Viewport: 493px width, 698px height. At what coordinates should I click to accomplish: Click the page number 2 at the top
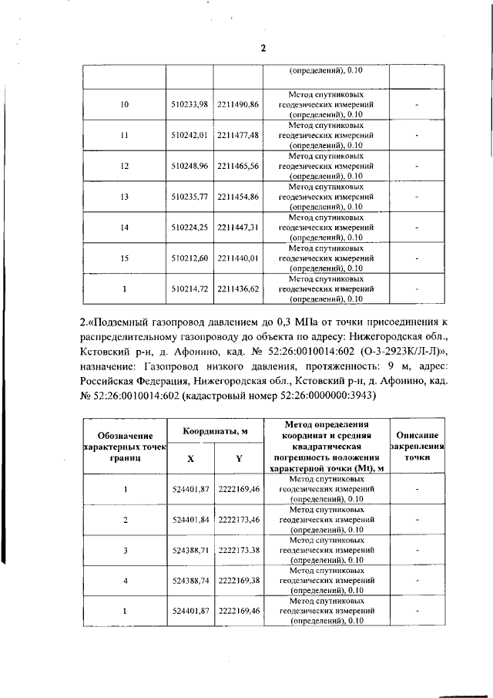pos(263,48)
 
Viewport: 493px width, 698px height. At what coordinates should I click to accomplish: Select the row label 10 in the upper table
pos(125,104)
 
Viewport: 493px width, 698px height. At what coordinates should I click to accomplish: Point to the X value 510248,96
pos(189,166)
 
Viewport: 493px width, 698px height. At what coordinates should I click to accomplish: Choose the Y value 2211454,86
pos(238,197)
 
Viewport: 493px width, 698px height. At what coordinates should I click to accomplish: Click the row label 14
pos(125,228)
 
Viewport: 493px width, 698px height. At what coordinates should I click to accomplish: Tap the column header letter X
pos(190,458)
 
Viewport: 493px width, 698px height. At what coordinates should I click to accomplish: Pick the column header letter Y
pos(239,458)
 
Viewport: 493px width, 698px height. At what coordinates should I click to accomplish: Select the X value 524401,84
pos(189,520)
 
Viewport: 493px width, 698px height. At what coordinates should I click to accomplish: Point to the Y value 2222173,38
pos(238,551)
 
